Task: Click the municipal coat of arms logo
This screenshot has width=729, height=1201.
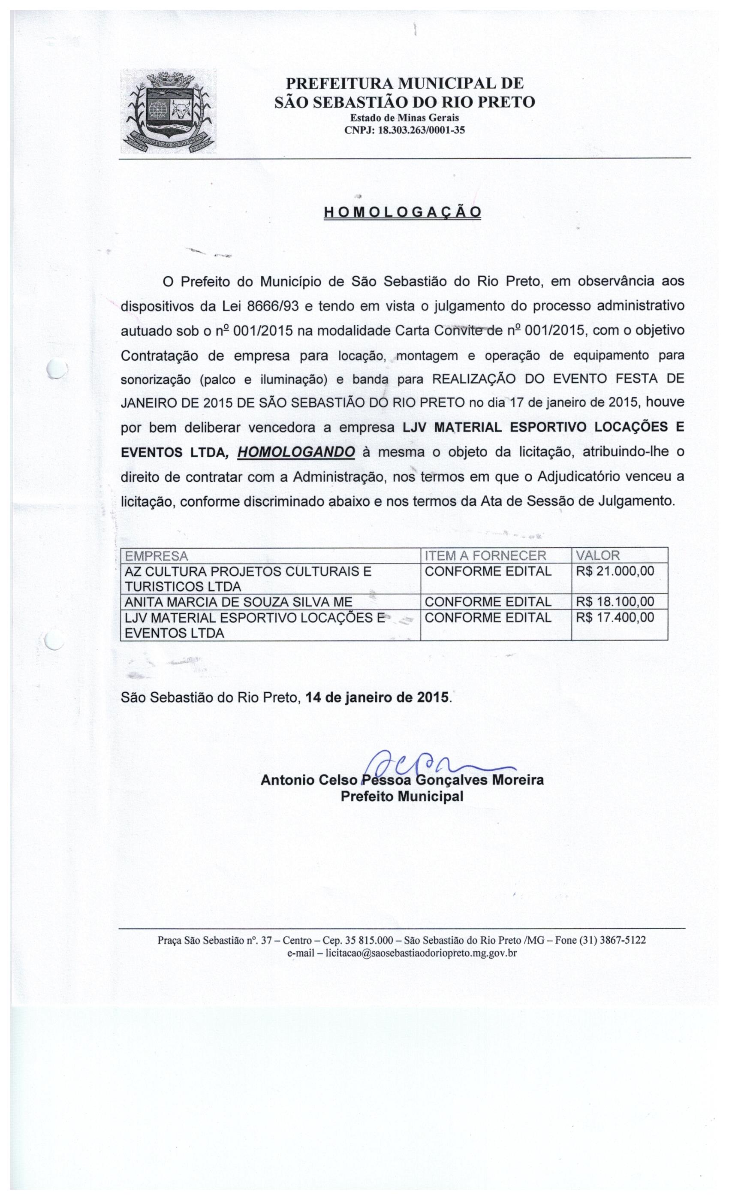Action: [x=168, y=111]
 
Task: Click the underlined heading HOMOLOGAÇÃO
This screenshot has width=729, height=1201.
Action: [x=403, y=212]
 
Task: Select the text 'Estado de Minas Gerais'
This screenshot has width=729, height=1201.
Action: [x=404, y=118]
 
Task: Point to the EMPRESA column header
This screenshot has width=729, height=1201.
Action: [x=157, y=555]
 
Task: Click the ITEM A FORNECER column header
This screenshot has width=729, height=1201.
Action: [x=485, y=555]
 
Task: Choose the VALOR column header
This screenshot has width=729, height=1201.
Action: [x=597, y=555]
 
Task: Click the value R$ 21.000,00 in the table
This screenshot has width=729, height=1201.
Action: [x=615, y=571]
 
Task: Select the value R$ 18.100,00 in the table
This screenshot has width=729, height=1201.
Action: [x=615, y=601]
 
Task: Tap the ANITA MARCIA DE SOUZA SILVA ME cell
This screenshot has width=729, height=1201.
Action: [x=238, y=602]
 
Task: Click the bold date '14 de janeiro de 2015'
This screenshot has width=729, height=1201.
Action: [x=377, y=697]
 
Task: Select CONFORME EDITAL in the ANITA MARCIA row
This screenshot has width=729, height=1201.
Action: [x=488, y=602]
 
